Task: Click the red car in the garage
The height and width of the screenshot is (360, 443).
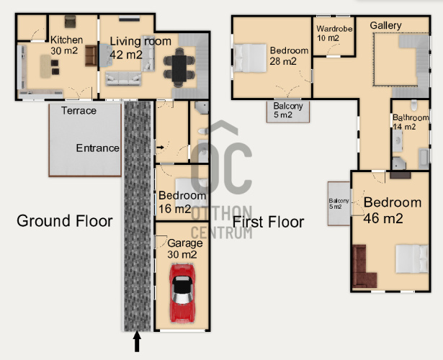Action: (182, 293)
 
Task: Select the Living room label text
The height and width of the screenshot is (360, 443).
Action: (140, 41)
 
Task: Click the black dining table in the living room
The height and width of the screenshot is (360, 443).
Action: (179, 68)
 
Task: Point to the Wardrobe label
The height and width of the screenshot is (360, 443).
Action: (334, 29)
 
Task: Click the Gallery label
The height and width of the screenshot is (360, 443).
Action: (385, 25)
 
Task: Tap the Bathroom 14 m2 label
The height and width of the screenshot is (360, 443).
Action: (411, 122)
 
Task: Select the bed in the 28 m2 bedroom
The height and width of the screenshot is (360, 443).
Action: (251, 58)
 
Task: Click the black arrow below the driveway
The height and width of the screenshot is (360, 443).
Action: (137, 341)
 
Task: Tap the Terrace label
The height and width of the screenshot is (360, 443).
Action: (79, 111)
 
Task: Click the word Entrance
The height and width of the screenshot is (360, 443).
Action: (97, 148)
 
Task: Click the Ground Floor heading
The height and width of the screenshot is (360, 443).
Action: (65, 221)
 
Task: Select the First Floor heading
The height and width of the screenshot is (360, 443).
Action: (268, 222)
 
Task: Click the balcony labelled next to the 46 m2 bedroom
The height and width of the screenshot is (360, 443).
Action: (339, 204)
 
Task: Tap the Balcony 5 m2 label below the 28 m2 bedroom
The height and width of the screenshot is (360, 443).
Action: (288, 110)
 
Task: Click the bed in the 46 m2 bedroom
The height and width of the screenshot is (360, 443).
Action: (411, 258)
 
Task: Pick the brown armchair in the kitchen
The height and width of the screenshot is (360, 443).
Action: (91, 55)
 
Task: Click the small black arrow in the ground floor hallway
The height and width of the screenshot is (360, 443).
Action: (160, 147)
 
